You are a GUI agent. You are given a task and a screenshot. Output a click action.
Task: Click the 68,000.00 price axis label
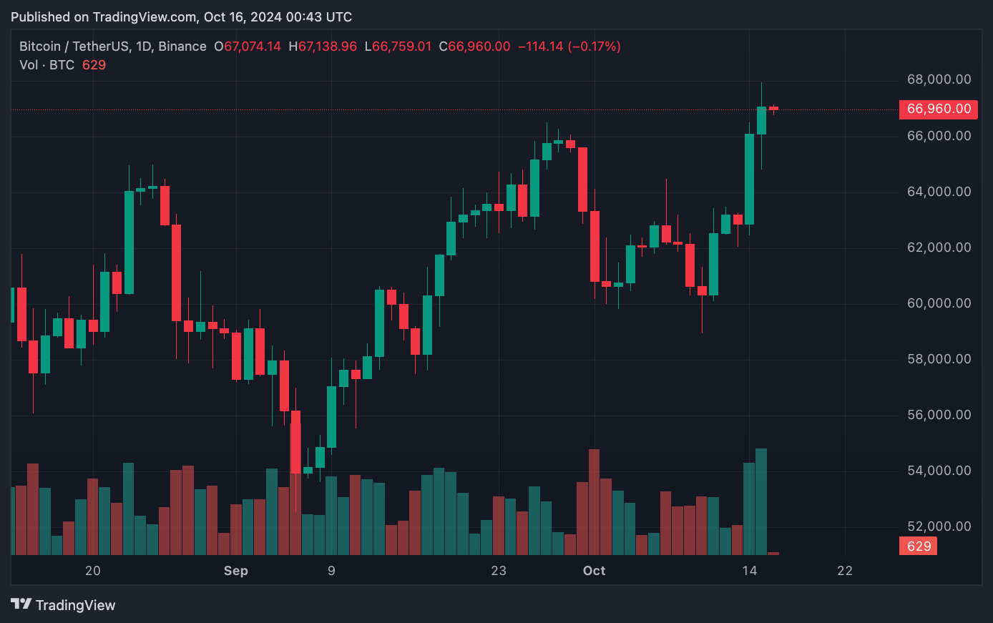click(x=939, y=79)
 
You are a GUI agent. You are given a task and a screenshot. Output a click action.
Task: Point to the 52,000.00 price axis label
click(x=939, y=526)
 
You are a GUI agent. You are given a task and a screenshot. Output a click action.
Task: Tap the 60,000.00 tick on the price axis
click(x=939, y=303)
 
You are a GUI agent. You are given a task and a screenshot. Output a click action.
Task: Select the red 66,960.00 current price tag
click(x=939, y=109)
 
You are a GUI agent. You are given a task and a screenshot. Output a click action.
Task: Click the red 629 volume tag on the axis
click(x=919, y=546)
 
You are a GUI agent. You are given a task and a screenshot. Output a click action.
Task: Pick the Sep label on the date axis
click(x=235, y=571)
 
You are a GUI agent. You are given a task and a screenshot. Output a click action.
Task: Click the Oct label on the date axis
click(x=594, y=571)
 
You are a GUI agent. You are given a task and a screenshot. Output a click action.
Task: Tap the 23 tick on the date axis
click(x=499, y=571)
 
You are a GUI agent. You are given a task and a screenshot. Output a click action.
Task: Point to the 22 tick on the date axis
click(x=845, y=571)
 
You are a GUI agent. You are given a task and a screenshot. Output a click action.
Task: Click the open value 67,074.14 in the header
click(x=253, y=46)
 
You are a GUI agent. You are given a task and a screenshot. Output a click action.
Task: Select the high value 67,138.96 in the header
click(x=328, y=46)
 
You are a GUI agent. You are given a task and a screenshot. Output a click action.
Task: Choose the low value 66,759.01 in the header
click(x=402, y=46)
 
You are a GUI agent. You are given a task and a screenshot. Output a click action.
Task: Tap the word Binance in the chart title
click(x=182, y=46)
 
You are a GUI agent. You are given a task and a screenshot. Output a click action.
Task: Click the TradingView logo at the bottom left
click(x=63, y=605)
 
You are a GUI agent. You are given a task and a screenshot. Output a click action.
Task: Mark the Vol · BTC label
click(x=47, y=65)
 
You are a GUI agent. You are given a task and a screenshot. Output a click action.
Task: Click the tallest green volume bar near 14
click(x=761, y=501)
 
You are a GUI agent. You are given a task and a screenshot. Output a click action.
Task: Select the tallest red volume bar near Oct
click(x=594, y=501)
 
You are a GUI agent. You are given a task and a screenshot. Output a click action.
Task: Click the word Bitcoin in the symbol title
click(x=40, y=46)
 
